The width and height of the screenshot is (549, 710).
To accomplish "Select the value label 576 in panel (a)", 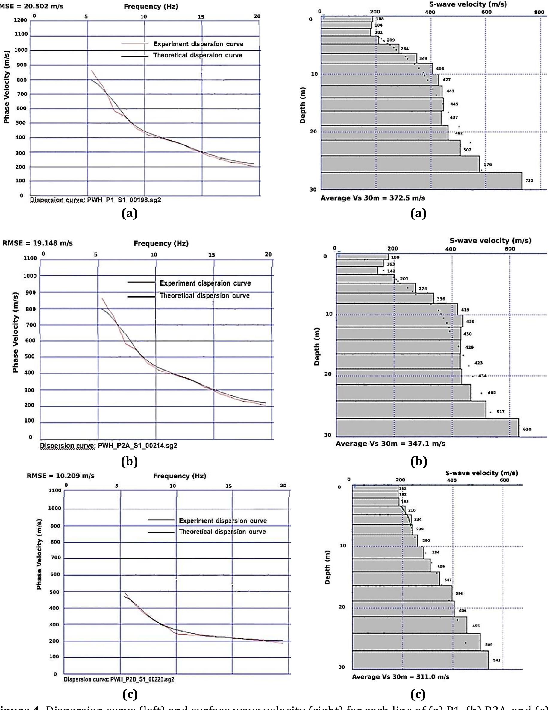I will click(x=488, y=165).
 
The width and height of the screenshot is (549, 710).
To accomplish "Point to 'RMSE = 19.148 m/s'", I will click(x=38, y=243).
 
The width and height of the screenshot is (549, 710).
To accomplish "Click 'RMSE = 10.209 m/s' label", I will click(x=61, y=476).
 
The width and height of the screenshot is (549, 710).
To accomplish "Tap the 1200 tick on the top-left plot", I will click(x=20, y=20).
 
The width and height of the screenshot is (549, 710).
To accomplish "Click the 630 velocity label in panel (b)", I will click(x=527, y=429).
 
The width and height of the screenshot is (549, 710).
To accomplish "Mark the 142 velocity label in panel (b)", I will click(x=391, y=271).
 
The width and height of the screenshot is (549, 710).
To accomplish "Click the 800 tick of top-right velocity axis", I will click(x=539, y=12).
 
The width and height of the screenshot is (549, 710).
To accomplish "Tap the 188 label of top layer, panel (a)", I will click(x=379, y=19).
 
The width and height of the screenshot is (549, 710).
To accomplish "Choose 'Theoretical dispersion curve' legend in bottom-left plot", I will click(x=222, y=532).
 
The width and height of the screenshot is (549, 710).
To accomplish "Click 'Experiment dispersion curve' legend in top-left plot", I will click(x=198, y=44).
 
